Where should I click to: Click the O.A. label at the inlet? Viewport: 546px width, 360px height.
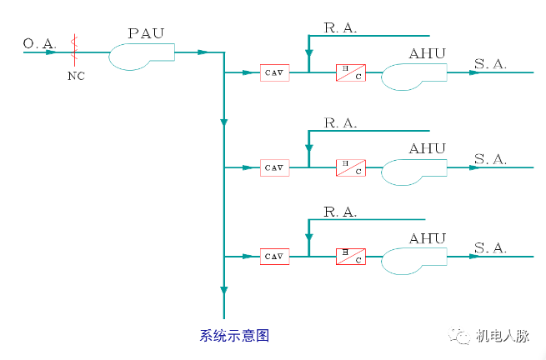(x=40, y=42)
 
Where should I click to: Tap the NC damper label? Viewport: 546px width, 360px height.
(x=76, y=76)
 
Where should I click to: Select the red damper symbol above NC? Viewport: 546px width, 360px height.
(x=76, y=52)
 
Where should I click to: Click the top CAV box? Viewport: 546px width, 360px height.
(x=274, y=73)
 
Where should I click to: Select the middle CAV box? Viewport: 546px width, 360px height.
(x=274, y=167)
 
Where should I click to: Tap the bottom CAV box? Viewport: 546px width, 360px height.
(x=274, y=257)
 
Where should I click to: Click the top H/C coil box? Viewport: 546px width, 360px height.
(x=350, y=73)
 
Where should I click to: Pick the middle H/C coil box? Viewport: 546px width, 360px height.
(x=350, y=167)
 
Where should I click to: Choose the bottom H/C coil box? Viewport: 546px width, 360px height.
(x=350, y=257)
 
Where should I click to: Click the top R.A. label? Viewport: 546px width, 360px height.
(x=339, y=28)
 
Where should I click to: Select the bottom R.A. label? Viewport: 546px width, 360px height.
(x=339, y=212)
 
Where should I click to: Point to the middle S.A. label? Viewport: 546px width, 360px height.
(x=490, y=158)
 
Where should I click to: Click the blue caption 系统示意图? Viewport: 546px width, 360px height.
(x=234, y=336)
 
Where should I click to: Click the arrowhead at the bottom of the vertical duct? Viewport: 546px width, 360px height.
(x=223, y=290)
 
